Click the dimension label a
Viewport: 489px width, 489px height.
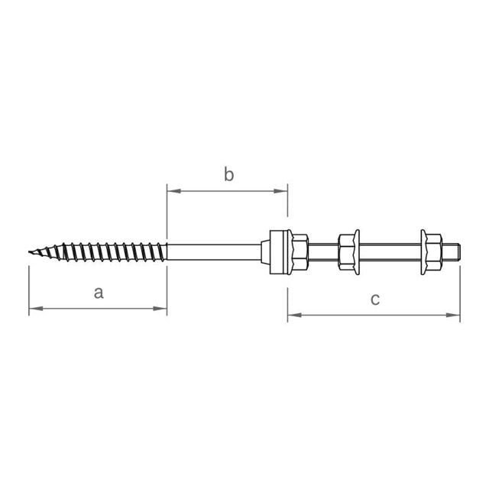point(99,293)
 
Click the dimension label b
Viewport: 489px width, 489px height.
point(228,174)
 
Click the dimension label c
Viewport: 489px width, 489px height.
point(375,300)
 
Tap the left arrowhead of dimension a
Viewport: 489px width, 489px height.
point(36,309)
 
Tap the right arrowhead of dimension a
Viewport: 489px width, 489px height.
point(160,309)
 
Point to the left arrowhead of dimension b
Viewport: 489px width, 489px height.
point(174,191)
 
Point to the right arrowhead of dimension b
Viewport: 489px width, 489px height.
point(280,191)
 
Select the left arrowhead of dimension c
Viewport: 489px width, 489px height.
point(295,315)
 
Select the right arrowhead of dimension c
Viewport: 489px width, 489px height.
point(453,315)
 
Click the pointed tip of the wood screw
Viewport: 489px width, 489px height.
point(30,252)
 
